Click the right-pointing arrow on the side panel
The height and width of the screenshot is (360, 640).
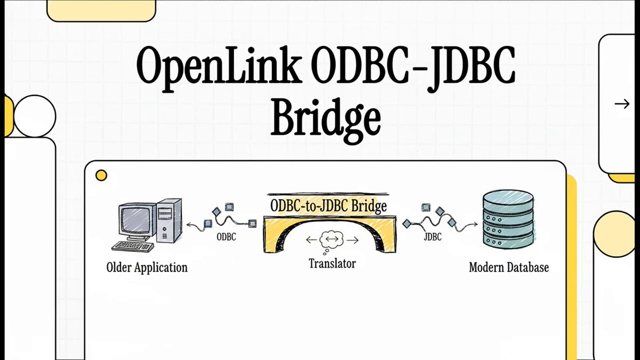coord(622,104)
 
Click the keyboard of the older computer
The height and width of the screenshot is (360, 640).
coord(133,246)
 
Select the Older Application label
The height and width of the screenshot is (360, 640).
coord(147,267)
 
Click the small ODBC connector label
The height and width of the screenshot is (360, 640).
coord(226,237)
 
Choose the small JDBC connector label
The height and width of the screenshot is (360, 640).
coord(433,237)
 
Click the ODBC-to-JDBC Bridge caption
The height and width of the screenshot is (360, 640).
coord(329,205)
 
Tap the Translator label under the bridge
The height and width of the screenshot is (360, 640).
coord(332,263)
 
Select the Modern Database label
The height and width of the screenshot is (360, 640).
coord(508,267)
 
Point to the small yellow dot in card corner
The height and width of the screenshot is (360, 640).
coord(101,175)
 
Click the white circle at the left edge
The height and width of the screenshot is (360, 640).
coord(34,116)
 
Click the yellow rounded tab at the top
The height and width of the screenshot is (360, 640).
coord(101,10)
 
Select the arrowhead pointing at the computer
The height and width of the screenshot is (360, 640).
coord(188,225)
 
